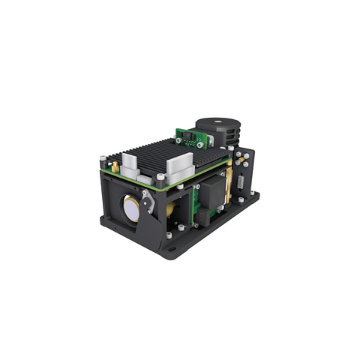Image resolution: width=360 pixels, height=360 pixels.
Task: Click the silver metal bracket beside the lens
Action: click(148, 200)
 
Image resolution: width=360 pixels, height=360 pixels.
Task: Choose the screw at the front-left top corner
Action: click(103, 158)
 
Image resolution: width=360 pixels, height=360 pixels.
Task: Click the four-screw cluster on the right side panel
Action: click(241, 160)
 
